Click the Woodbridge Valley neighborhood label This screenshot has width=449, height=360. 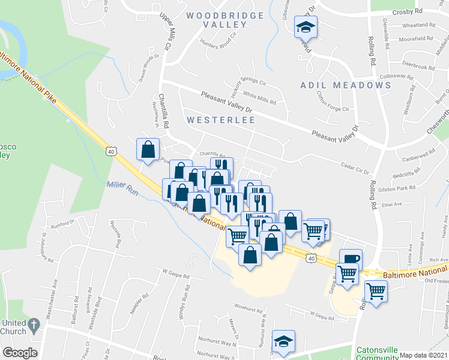(216, 19)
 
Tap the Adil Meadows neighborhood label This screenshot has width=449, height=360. (345, 85)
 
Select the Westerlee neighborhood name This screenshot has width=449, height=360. (220, 120)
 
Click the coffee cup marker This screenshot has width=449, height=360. (351, 259)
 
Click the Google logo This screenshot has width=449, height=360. (20, 353)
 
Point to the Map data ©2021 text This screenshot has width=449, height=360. (423, 355)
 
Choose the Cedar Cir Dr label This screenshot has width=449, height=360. (354, 170)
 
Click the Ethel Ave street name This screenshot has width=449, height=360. (391, 205)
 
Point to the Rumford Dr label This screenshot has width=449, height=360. (61, 226)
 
